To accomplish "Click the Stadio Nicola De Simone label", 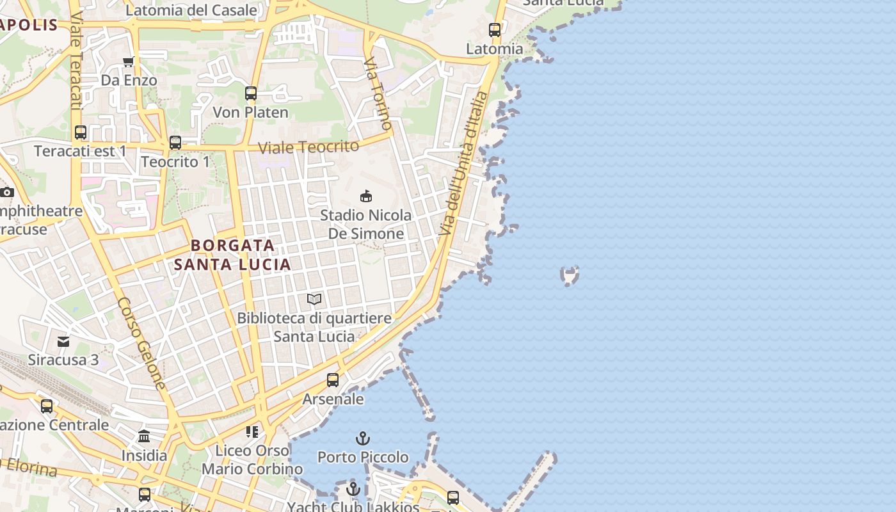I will coord(366,224).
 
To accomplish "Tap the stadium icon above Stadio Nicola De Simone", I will coord(366,196).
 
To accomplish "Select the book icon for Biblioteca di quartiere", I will coord(314,299).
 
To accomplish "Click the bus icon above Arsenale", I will coord(333,380).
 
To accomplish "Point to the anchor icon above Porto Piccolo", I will coord(363,438).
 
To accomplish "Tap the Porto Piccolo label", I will coord(363,457).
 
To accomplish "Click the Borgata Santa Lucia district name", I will coord(232,255).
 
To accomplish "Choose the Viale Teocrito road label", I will coord(308,147).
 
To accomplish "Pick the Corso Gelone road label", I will coord(142,343).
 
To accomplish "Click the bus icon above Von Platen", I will coord(251,93).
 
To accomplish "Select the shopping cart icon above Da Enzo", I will coord(129,61).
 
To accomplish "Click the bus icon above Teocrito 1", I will coord(175,143).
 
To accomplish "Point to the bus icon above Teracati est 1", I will coord(81,132).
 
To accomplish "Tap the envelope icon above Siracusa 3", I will coord(63,341).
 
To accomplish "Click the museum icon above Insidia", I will coord(144,436).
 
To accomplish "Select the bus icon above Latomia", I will coord(495,30).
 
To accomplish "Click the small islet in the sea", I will coord(569,275).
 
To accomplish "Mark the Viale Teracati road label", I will coord(76,61).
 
